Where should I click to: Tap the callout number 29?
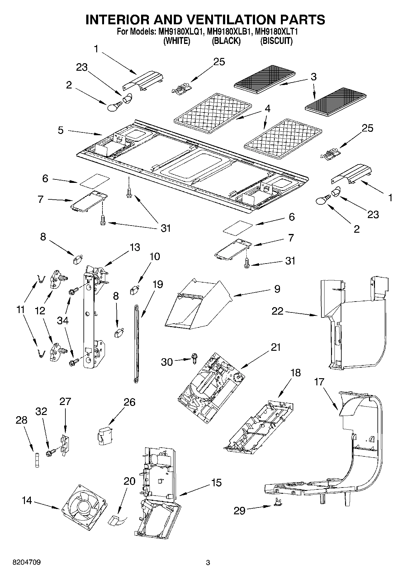pyautogui.click(x=239, y=511)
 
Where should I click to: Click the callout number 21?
pyautogui.click(x=275, y=347)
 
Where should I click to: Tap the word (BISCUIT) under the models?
pyautogui.click(x=276, y=41)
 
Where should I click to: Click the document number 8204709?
pyautogui.click(x=26, y=562)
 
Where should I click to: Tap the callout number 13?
pyautogui.click(x=135, y=247)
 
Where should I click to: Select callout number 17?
pyautogui.click(x=319, y=382)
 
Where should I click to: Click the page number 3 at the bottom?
pyautogui.click(x=208, y=562)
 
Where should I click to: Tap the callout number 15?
pyautogui.click(x=216, y=483)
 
